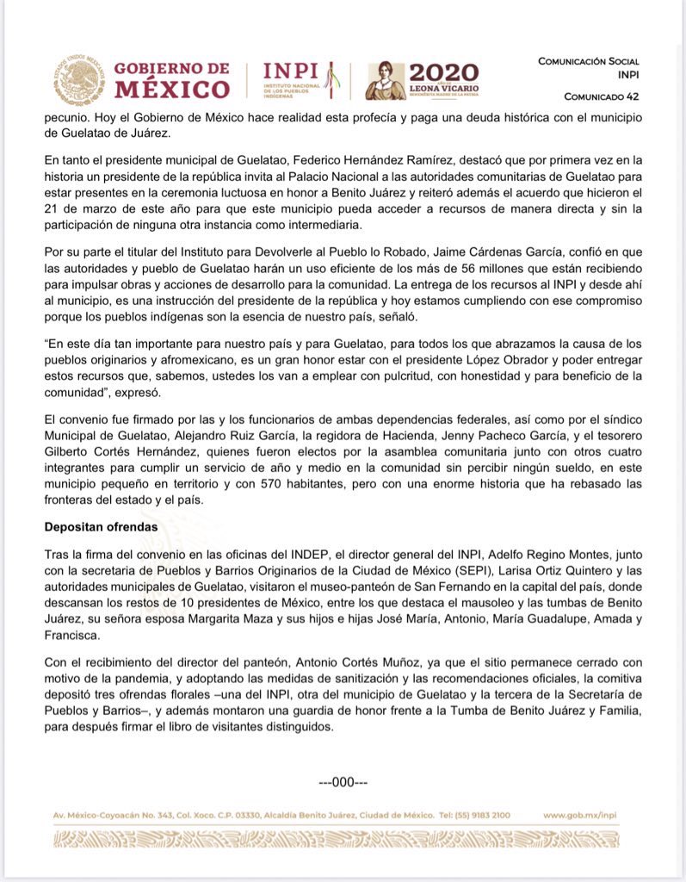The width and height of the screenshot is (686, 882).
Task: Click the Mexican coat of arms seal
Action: [x=80, y=80]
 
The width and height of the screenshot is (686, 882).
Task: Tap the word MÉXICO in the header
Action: [x=172, y=90]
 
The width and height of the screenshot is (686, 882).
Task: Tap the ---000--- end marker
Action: [x=343, y=782]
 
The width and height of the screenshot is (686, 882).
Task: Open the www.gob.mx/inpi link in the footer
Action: [x=580, y=815]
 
